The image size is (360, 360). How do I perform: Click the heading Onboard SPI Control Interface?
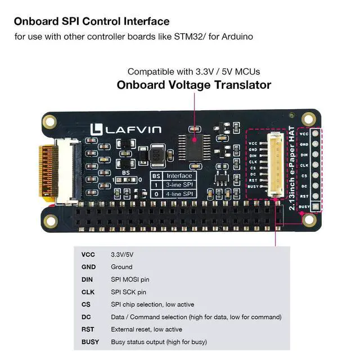pyautogui.click(x=91, y=21)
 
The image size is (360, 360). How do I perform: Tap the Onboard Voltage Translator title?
pyautogui.click(x=193, y=85)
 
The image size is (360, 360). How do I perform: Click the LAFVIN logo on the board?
pyautogui.click(x=125, y=130)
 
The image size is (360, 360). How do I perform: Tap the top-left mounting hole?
pyautogui.click(x=50, y=120)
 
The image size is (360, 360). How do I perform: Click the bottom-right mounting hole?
pyautogui.click(x=308, y=218)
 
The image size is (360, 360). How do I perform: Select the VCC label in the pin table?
pyautogui.click(x=88, y=254)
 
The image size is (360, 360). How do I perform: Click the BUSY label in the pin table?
pyautogui.click(x=90, y=341)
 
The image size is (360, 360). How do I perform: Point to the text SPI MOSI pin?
pyautogui.click(x=130, y=279)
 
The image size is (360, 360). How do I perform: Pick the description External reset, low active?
pyautogui.click(x=146, y=329)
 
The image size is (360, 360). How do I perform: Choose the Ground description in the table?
pyautogui.click(x=121, y=267)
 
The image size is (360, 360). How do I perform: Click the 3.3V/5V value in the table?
pyautogui.click(x=123, y=254)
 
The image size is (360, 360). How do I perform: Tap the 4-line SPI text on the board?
pyautogui.click(x=179, y=194)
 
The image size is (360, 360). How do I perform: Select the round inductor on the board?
pyautogui.click(x=155, y=155)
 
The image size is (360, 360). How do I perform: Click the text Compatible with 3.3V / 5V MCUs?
pyautogui.click(x=193, y=71)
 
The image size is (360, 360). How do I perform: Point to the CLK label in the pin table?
pyautogui.click(x=88, y=292)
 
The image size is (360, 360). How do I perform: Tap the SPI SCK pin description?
pyautogui.click(x=129, y=292)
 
